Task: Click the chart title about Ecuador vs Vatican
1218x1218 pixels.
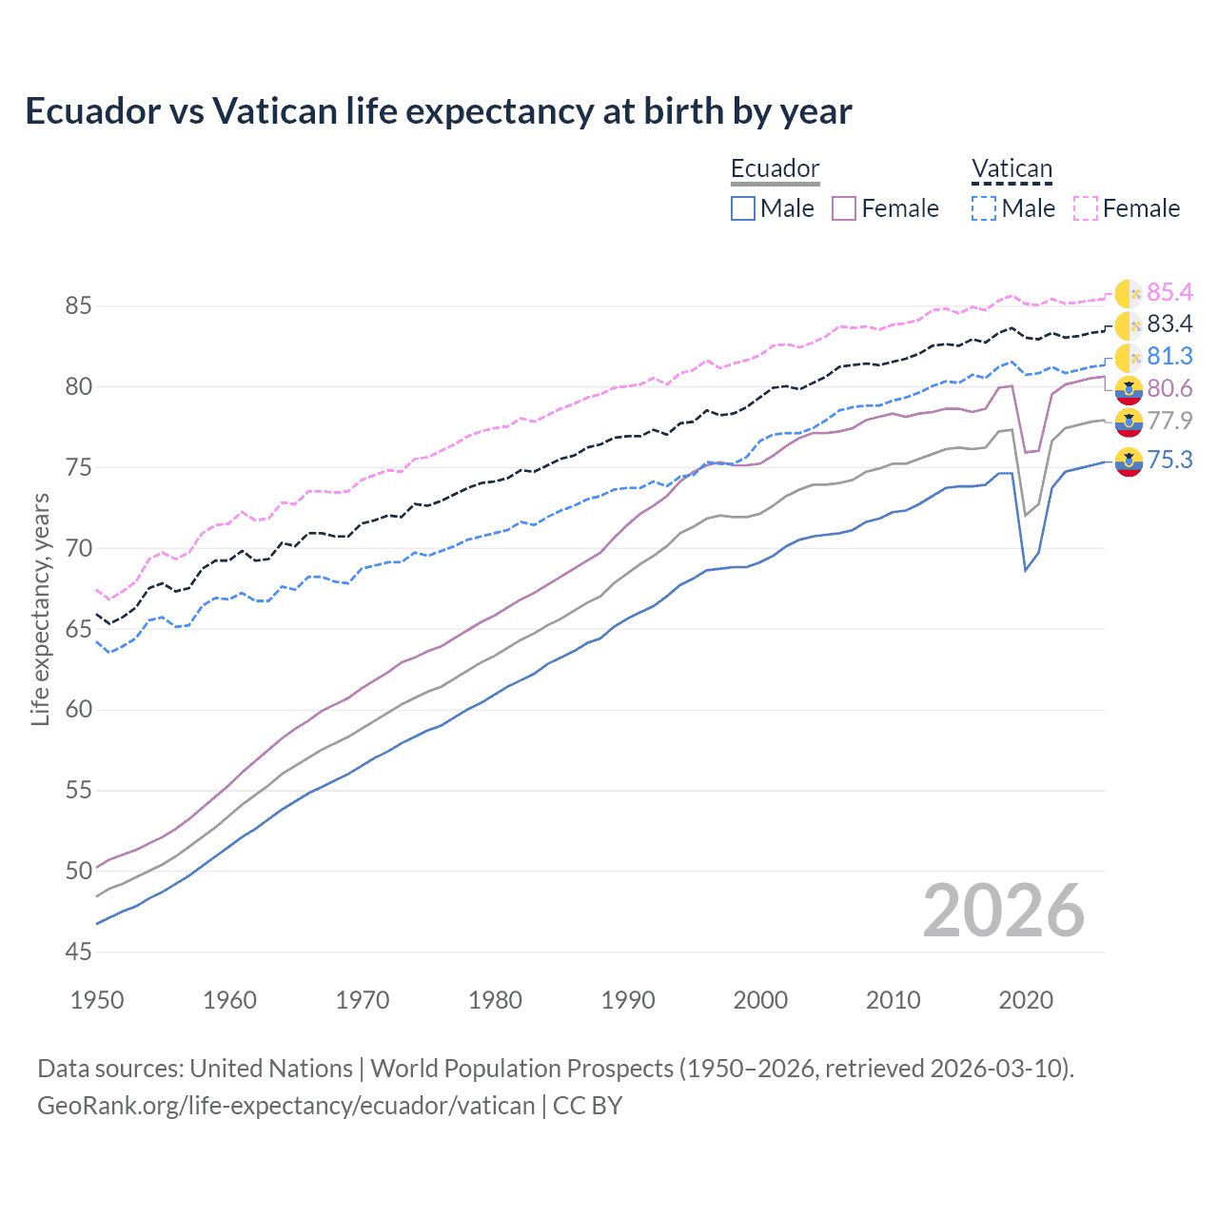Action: coord(438,111)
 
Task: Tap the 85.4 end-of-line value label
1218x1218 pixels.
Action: coord(1169,292)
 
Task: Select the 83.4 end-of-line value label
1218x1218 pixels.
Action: coord(1169,324)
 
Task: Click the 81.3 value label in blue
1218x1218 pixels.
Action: coord(1169,357)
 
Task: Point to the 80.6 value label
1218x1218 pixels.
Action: coord(1169,389)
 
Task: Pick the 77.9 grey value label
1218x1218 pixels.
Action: coord(1169,422)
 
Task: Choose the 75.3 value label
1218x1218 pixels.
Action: coord(1169,461)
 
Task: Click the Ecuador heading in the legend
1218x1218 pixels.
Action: coord(775,168)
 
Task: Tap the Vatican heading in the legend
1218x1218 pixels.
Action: coord(1012,168)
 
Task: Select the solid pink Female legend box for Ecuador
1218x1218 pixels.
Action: coord(844,208)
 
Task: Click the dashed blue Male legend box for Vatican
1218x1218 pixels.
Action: coord(983,208)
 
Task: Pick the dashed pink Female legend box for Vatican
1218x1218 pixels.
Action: coord(1085,208)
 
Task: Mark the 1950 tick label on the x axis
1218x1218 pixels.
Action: coord(97,1000)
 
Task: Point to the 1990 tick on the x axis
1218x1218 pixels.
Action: coord(628,1000)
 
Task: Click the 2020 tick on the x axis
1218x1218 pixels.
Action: coord(1026,1000)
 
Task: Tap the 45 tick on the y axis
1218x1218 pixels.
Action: coord(79,952)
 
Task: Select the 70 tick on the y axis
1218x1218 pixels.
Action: coord(79,548)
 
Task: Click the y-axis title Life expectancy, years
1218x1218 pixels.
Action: coord(40,609)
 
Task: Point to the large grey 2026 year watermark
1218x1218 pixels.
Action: coord(1003,911)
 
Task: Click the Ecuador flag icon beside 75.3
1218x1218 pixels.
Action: coord(1129,462)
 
